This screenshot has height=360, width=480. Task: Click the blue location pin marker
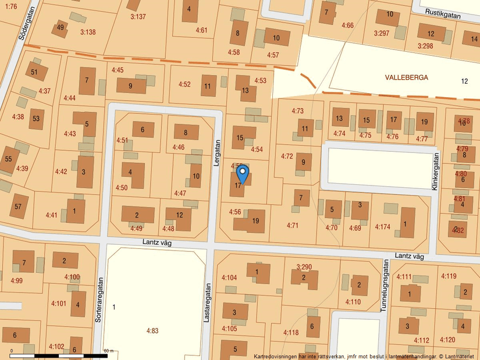243,173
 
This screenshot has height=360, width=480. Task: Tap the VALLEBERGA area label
406,77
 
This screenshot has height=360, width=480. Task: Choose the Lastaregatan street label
207,302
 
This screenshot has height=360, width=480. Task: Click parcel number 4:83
152,330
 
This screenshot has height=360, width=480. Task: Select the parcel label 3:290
304,267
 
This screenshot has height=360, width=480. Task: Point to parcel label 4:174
383,227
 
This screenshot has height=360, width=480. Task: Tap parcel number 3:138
88,32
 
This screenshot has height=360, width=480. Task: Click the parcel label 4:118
291,333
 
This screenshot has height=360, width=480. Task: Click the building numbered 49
61,27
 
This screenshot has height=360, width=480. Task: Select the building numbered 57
19,206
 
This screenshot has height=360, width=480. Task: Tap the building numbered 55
8,159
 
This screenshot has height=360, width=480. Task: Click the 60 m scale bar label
109,351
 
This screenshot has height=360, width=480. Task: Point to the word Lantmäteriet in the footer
461,356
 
